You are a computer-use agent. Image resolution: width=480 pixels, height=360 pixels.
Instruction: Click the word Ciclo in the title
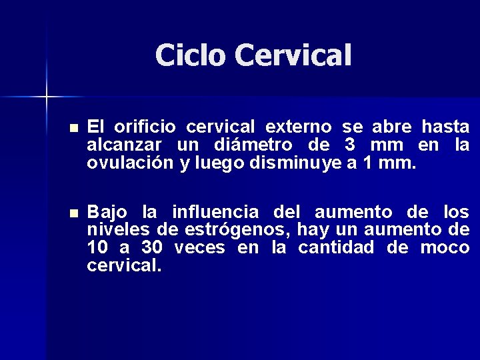[x=191, y=55]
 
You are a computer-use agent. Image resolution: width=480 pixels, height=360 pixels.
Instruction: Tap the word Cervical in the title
[x=291, y=55]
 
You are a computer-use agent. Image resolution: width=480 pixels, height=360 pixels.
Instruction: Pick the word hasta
[x=445, y=127]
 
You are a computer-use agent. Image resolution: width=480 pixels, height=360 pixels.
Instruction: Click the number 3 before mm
[x=350, y=145]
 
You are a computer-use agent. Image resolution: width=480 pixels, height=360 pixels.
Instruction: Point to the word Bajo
[x=107, y=213]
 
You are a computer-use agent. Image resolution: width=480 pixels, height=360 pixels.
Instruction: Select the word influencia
[x=215, y=213]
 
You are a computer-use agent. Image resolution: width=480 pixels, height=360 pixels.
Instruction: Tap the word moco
[x=445, y=249]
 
